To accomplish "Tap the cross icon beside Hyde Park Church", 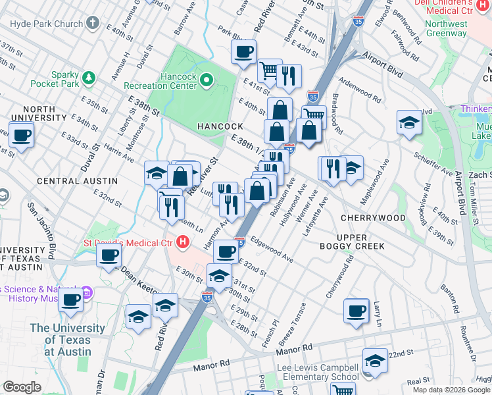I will click(93, 22).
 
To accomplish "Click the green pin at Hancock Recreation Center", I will click(207, 81).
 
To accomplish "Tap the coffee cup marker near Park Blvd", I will click(243, 53).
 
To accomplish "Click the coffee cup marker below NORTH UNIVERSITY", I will click(20, 134).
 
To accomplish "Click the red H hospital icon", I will click(183, 242).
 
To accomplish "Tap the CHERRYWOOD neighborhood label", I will click(373, 217).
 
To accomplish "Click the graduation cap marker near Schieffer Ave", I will click(409, 122).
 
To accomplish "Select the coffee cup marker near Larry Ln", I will click(357, 311).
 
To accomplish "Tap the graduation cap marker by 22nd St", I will click(375, 361).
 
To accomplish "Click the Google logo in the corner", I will click(22, 387).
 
